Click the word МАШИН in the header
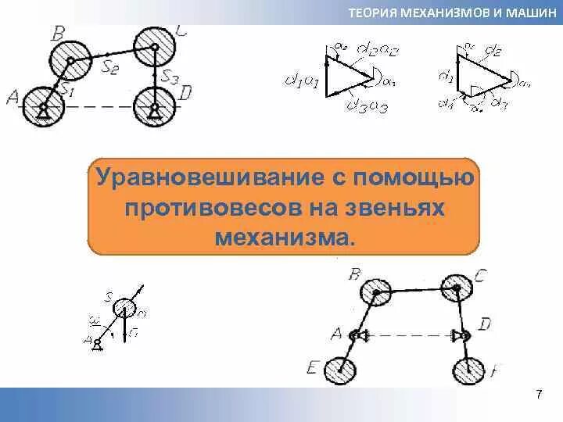[529, 13]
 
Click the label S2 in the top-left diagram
[110, 67]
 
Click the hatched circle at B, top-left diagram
[71, 55]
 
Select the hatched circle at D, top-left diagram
[155, 105]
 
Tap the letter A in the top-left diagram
[12, 97]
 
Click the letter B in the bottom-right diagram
[355, 274]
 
